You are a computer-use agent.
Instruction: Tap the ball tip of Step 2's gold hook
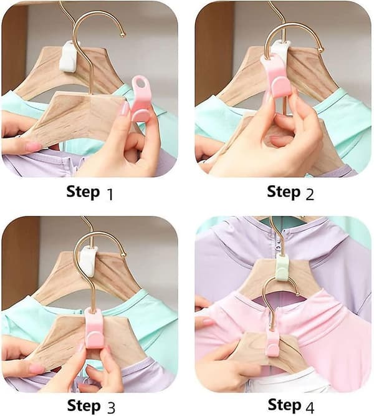320,50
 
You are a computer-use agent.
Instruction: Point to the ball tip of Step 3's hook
123,254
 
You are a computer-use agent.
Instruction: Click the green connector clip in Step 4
282,267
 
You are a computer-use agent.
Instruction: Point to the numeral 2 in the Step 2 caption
310,194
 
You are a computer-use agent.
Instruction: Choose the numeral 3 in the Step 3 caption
111,408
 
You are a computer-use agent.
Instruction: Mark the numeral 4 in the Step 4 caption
310,407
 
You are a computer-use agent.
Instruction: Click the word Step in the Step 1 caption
83,192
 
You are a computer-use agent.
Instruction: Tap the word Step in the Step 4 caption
284,405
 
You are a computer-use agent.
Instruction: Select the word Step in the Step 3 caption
84,406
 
